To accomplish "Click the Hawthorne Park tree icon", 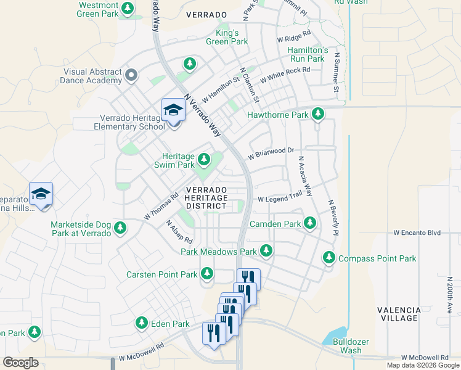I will click(317, 114).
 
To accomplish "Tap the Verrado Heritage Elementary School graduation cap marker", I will click(173, 111).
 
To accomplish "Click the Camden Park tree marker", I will click(310, 223).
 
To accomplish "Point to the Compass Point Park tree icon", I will click(330, 258).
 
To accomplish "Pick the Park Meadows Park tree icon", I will click(266, 251).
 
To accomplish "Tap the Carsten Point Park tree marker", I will click(207, 273).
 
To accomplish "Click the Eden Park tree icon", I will click(142, 323).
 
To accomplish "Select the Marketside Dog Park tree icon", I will click(121, 229).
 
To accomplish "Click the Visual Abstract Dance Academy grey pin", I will click(131, 75).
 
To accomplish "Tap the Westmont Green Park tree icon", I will click(128, 9).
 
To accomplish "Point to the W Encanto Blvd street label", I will click(417, 232).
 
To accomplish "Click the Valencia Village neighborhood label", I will click(399, 314).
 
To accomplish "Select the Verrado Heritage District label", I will click(206, 197).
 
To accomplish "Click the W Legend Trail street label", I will click(280, 199).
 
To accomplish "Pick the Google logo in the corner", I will click(20, 363).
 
